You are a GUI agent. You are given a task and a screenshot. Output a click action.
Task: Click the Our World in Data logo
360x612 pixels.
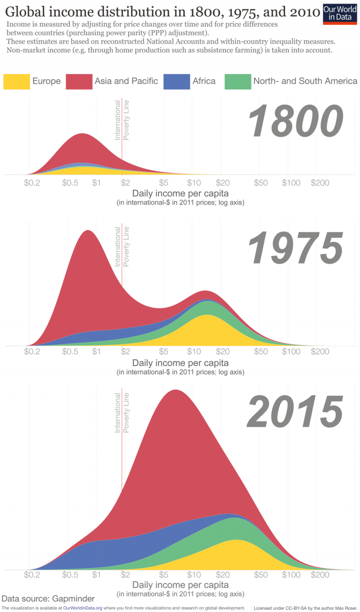pos(340,14)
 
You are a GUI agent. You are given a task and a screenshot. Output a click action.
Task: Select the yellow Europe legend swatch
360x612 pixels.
pos(16,82)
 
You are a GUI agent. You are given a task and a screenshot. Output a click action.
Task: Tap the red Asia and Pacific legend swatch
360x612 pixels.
pos(79,82)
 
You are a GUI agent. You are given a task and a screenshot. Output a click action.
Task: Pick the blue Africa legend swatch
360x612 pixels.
pos(177,82)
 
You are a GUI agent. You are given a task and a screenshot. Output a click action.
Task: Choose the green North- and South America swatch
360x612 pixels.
pos(237,82)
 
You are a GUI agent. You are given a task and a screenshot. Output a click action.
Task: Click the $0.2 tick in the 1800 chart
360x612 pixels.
pos(32,183)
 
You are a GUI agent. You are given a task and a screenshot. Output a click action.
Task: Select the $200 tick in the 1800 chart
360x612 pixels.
pos(320,183)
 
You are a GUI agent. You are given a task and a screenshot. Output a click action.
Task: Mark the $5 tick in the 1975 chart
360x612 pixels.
pos(163,351)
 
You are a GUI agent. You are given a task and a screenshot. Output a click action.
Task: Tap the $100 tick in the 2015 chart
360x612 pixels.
pos(291,575)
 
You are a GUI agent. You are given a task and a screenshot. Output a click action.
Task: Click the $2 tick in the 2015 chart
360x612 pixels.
pos(125,575)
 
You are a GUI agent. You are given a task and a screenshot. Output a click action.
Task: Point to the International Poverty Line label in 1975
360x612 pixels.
pos(121,246)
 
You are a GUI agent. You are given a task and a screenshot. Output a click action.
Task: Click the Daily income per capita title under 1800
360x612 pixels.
pos(180,193)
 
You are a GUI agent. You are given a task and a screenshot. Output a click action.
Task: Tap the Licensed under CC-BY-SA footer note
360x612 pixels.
pos(305,608)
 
